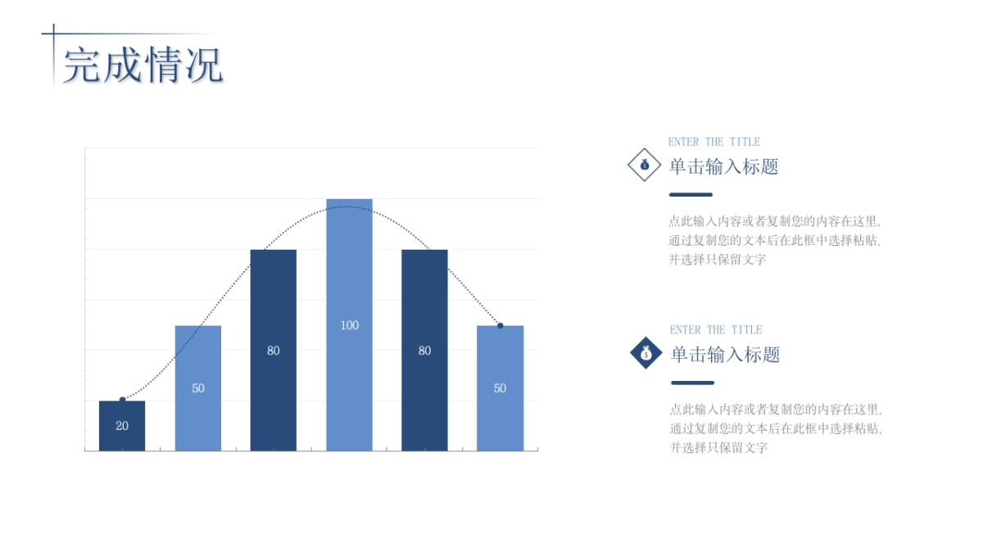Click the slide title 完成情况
tap(143, 66)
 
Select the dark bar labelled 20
tap(122, 426)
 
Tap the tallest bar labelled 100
tap(349, 324)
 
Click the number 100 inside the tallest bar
tap(350, 325)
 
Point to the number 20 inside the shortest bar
tap(122, 426)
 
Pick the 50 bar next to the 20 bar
tap(198, 388)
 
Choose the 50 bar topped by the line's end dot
tap(501, 388)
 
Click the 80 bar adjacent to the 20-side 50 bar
tap(274, 351)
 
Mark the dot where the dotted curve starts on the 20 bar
tap(122, 400)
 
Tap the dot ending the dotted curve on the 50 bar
tap(501, 326)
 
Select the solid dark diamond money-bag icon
tap(646, 353)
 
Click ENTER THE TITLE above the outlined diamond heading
tap(714, 143)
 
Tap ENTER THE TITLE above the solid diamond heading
tap(716, 330)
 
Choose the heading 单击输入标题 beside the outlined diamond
tap(723, 167)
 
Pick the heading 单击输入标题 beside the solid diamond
tap(726, 355)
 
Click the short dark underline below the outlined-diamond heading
tap(691, 194)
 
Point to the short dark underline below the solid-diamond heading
tap(692, 383)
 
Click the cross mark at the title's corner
tap(53, 34)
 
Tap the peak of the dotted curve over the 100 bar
tap(347, 206)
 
